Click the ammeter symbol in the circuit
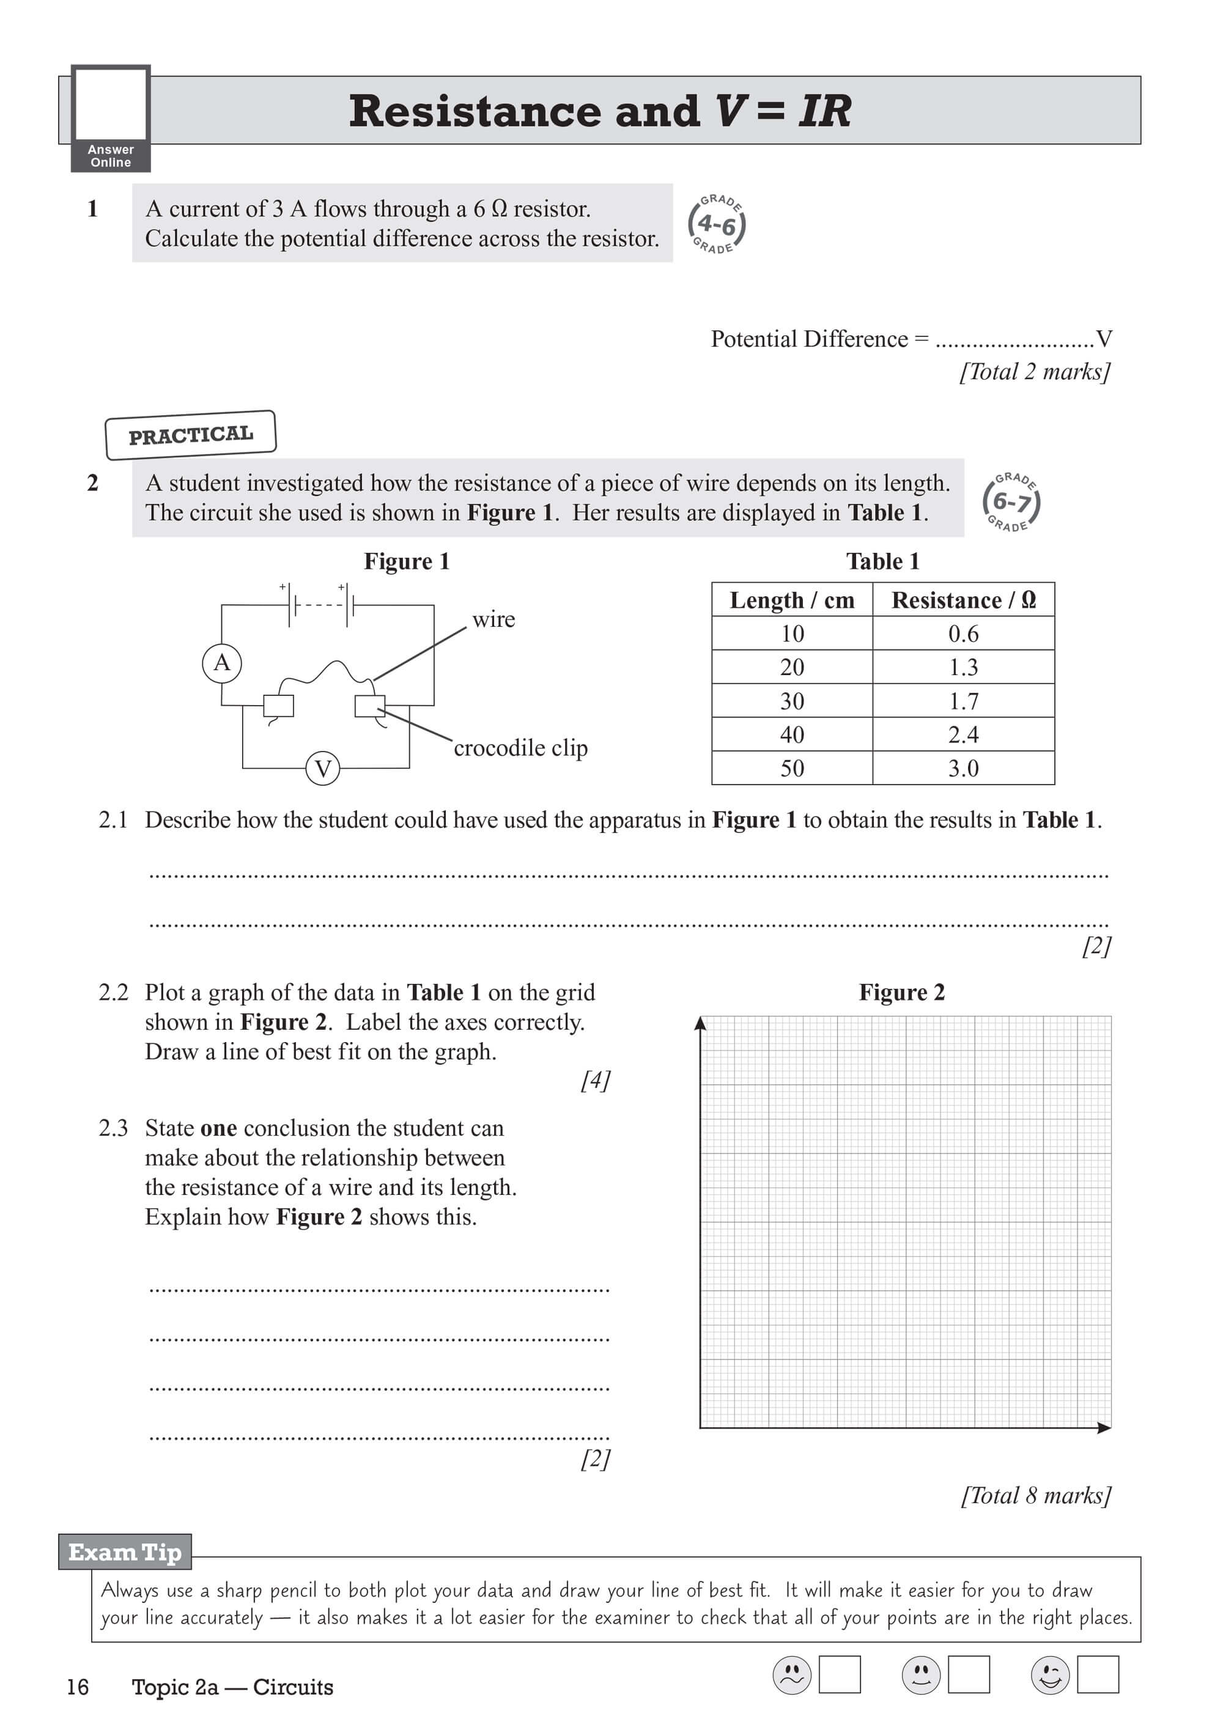221,663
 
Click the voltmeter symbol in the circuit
322,769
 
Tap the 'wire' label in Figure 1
493,619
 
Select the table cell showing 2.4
963,734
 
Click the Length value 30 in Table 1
792,701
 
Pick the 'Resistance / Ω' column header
963,600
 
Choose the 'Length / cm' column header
792,600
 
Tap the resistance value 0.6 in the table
963,634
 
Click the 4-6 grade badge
716,224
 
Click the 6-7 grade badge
1011,501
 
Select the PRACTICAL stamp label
191,435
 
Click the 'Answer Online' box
111,118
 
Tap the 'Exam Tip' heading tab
125,1552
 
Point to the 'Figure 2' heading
901,993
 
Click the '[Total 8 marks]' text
1035,1495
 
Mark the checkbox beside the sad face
840,1674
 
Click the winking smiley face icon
1050,1674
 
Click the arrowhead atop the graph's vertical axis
700,1022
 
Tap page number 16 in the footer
78,1687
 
